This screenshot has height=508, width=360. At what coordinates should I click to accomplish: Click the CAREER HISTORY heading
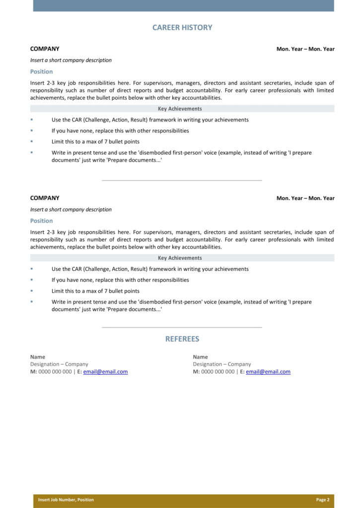tap(182, 28)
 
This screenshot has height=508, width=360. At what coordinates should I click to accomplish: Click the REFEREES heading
tap(182, 339)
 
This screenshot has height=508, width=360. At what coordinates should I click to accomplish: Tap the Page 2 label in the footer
tap(322, 500)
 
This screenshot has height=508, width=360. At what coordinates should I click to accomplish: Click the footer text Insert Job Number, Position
tap(66, 500)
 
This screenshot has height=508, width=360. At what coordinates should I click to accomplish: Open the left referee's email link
tap(105, 372)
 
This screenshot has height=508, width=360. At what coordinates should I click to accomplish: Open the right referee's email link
tap(268, 372)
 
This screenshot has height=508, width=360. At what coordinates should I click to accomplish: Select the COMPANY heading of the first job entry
tap(45, 49)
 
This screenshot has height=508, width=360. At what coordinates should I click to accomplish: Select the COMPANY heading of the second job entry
tap(45, 198)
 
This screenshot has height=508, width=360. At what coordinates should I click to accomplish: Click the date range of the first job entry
tap(305, 49)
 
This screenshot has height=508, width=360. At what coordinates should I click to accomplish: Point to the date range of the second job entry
tap(305, 198)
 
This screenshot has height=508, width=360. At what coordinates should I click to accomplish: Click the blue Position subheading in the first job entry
tap(41, 71)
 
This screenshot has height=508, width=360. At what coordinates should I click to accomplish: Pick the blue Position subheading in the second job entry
tap(41, 221)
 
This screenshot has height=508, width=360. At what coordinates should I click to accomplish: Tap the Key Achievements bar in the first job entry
tap(182, 109)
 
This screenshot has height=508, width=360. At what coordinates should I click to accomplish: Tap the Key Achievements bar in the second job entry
tap(182, 258)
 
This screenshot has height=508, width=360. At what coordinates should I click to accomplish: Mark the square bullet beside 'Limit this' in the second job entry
tap(31, 291)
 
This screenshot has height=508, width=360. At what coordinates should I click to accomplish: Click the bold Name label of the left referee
tap(38, 357)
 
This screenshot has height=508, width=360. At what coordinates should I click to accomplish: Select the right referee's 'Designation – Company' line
tap(222, 364)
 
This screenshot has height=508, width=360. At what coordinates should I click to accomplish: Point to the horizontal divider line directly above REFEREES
tap(182, 327)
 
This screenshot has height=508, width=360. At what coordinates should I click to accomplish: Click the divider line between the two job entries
tap(182, 180)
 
